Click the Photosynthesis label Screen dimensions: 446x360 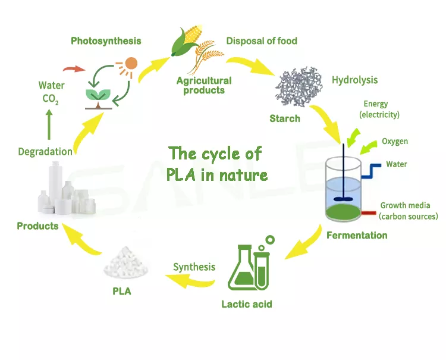tap(106, 41)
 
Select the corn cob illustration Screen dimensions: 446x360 tap(187, 40)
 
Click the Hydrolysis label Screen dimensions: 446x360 tap(354, 80)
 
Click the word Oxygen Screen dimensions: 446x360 tap(395, 142)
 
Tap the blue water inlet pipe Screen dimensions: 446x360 tap(371, 171)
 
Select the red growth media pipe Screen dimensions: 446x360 tap(369, 212)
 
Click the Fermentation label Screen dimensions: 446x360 tap(357, 236)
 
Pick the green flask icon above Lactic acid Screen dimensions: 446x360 tap(241, 268)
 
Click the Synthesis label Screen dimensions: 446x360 tap(194, 267)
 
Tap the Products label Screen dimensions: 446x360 tap(37, 226)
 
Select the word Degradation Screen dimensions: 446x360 tap(45, 152)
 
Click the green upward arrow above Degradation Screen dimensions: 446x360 tap(49, 124)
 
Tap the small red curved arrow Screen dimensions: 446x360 tap(74, 69)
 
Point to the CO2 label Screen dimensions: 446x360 tap(51, 99)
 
